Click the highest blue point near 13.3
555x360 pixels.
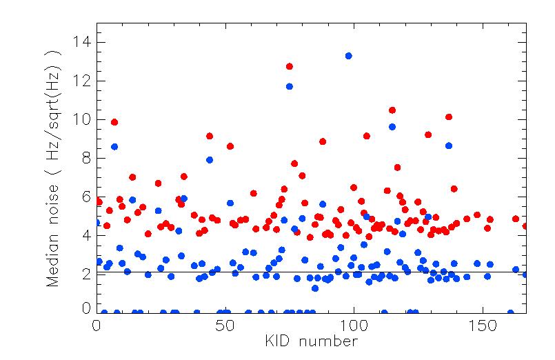click(349, 56)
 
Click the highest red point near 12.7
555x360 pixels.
click(290, 66)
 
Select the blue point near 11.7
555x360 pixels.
click(290, 86)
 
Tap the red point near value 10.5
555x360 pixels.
click(392, 110)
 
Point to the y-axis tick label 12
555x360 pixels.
click(83, 81)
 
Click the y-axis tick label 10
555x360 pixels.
click(83, 120)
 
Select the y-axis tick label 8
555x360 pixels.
click(86, 159)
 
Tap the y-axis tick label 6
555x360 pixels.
click(86, 197)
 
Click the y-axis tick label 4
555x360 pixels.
click(86, 236)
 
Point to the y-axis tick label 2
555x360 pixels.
click(86, 274)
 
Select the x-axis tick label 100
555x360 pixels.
click(354, 325)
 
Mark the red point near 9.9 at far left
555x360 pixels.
click(114, 122)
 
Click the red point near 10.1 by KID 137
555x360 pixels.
click(449, 117)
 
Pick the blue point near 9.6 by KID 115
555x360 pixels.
click(392, 127)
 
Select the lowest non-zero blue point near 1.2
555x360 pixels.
click(315, 288)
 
